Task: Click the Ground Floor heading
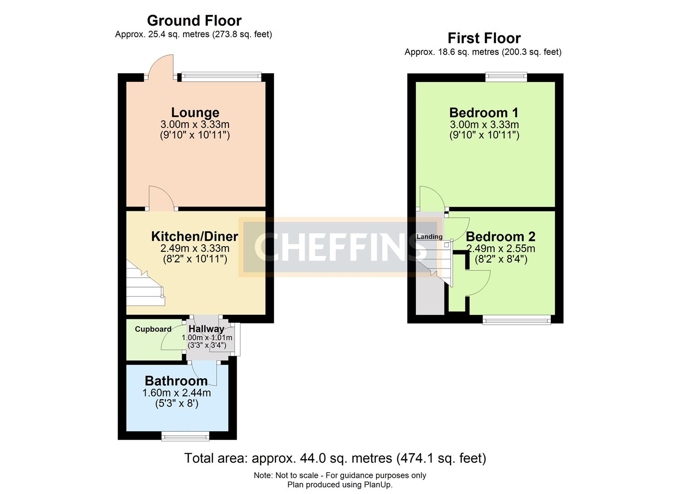(x=194, y=21)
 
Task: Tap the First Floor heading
(x=484, y=38)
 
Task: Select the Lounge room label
(x=195, y=113)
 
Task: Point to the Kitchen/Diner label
(x=195, y=236)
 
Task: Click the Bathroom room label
(x=176, y=381)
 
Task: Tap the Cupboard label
(x=153, y=329)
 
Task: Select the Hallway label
(x=207, y=329)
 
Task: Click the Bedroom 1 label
(x=484, y=113)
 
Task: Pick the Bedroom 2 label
(x=500, y=236)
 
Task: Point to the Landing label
(x=429, y=236)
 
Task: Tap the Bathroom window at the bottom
(x=185, y=436)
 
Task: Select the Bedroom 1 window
(x=506, y=77)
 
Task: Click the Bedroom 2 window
(x=517, y=320)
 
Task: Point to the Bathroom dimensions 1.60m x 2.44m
(x=176, y=393)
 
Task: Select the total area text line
(x=335, y=458)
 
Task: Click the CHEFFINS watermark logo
(x=340, y=247)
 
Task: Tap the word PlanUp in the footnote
(x=378, y=485)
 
